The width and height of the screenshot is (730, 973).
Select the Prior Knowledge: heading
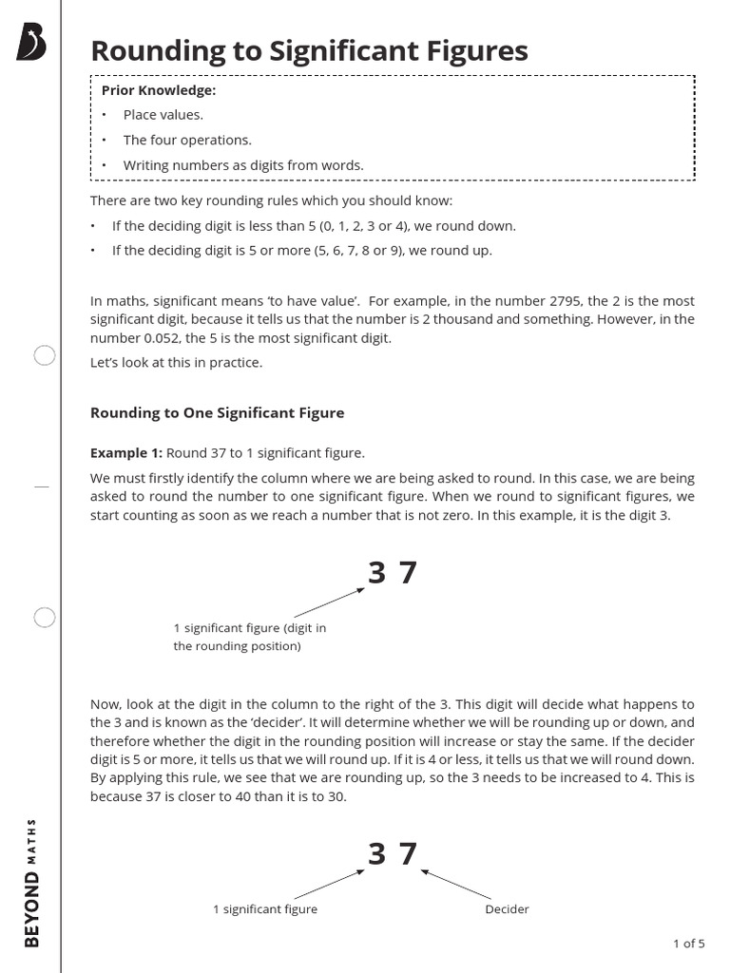point(159,90)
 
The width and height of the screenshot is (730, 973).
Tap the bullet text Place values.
point(163,115)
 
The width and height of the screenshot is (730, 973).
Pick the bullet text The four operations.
point(187,140)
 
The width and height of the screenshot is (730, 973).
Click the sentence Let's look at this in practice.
point(176,362)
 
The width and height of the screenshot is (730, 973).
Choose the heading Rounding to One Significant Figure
point(217,412)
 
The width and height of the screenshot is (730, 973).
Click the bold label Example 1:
point(126,453)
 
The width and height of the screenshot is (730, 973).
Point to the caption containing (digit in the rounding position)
point(249,637)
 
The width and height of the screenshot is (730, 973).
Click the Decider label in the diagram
point(507,909)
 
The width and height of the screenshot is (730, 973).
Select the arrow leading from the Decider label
point(456,885)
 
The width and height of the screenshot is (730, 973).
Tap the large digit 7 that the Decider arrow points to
point(408,854)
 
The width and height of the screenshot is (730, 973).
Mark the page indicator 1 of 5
point(688,944)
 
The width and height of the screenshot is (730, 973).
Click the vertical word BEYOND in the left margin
point(32,907)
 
